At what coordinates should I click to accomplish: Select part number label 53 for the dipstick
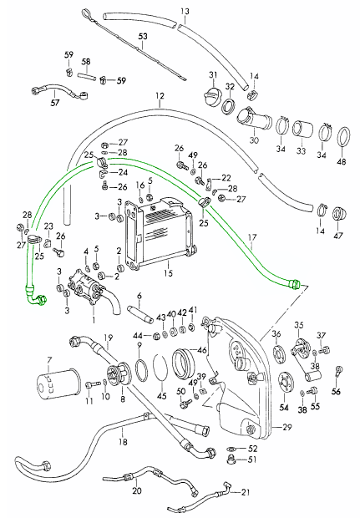click(143, 36)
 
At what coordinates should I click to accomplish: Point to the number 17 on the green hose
click(252, 237)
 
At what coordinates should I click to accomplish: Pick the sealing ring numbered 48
click(344, 136)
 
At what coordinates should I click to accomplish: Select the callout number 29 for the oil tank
click(287, 427)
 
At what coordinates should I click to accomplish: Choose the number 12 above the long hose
click(160, 96)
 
